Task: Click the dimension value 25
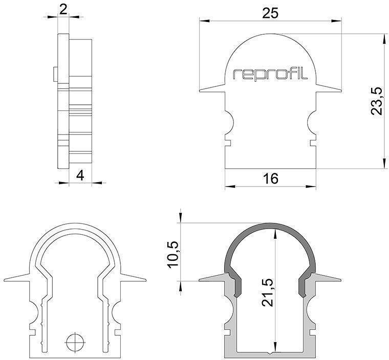(270, 14)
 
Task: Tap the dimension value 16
(270, 178)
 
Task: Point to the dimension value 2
(63, 9)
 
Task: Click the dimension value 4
(80, 175)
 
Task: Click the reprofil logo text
(270, 74)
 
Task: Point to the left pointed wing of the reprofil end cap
(210, 90)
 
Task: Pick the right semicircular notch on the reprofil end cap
(312, 121)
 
